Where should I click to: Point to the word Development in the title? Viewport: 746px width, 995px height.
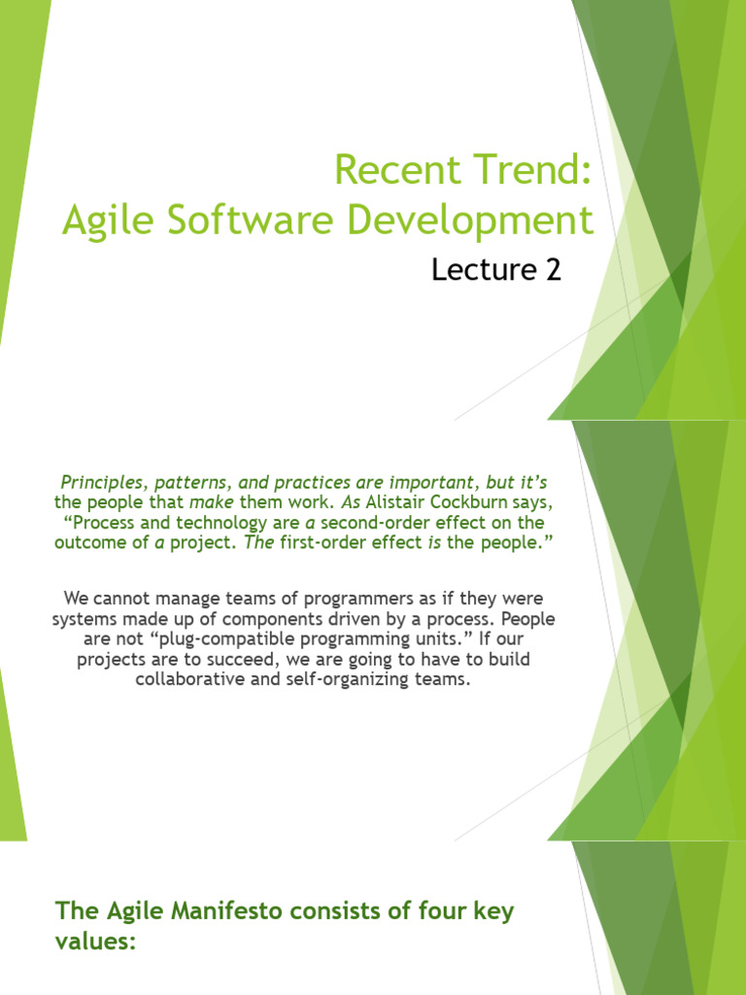tap(476, 221)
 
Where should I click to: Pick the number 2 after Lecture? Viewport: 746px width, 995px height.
tap(553, 270)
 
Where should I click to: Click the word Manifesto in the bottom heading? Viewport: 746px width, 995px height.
tap(194, 911)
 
